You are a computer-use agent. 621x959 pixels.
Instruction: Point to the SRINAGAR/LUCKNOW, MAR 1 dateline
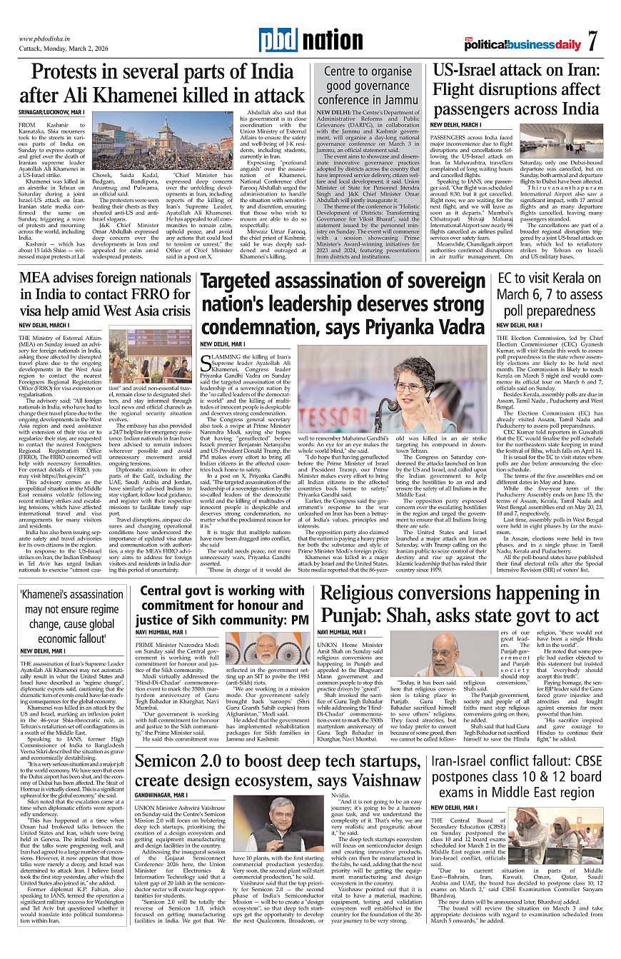51,113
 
